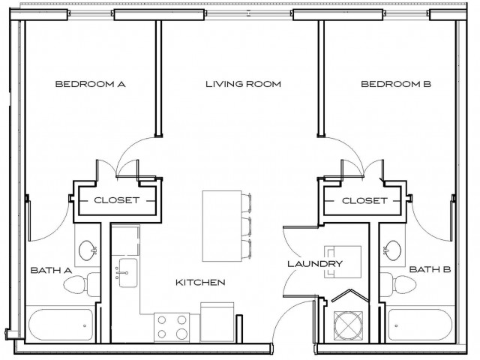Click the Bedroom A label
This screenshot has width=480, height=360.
pos(89,85)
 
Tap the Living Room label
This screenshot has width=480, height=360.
pos(243,85)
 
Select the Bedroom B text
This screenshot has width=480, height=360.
pos(396,85)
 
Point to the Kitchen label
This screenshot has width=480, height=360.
pos(200,283)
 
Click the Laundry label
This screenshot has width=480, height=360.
pos(315,264)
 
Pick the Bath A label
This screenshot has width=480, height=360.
pos(49,269)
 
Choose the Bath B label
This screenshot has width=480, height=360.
pos(430,269)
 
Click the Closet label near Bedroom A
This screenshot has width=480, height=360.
pos(116,200)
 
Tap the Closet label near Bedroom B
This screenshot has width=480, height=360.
pos(364,200)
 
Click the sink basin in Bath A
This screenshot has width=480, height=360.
pos(88,250)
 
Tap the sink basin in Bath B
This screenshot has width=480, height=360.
pos(393,250)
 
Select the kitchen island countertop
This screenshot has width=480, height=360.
pos(220,224)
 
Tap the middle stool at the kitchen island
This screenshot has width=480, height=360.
pos(247,225)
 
